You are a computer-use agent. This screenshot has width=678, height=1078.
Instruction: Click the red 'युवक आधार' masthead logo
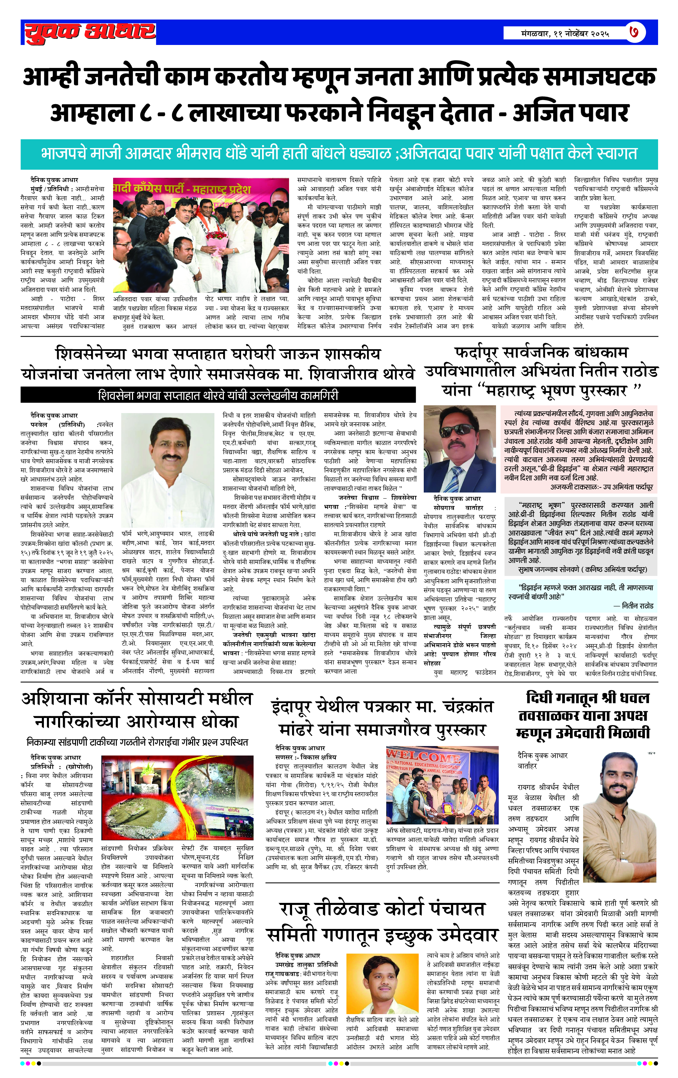click(x=89, y=32)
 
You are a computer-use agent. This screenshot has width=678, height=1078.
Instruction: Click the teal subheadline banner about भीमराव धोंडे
click(x=339, y=153)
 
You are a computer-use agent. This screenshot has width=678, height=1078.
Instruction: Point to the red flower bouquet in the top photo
click(x=217, y=236)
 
